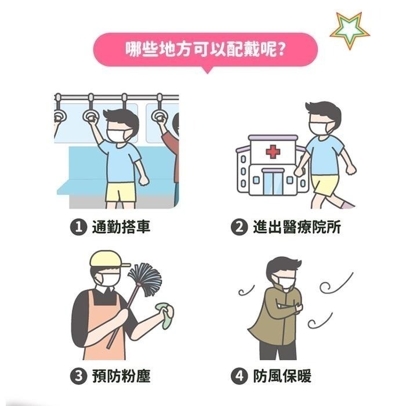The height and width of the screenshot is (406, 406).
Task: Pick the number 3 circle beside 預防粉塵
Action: coord(78,376)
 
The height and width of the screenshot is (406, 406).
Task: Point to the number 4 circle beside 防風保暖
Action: coord(240,376)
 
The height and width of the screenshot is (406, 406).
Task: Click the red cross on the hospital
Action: coord(273,152)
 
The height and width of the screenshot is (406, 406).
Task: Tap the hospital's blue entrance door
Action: coord(272,182)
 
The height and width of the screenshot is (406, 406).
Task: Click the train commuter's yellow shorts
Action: coord(121,191)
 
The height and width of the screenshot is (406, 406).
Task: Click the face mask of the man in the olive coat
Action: coord(285,282)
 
